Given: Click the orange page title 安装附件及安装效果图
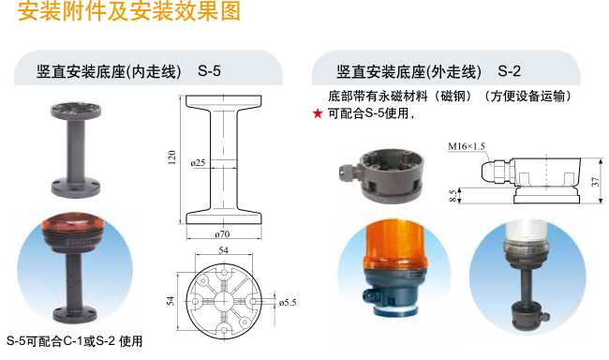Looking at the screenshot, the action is (x=129, y=11).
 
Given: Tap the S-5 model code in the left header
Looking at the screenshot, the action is (x=209, y=71).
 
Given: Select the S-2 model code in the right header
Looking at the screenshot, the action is (x=509, y=71).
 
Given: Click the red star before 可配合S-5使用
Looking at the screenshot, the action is (x=318, y=113).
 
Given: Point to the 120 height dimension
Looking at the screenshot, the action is (x=171, y=157).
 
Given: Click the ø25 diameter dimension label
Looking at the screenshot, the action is (x=198, y=162).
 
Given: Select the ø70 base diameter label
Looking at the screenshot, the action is (x=222, y=234).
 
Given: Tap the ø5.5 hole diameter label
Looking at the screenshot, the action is (x=288, y=303).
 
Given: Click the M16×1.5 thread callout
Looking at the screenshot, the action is (x=466, y=146).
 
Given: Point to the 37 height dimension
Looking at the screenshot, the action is (x=595, y=182).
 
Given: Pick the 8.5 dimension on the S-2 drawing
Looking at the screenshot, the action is (x=453, y=196).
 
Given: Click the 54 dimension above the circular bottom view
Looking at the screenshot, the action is (x=223, y=250).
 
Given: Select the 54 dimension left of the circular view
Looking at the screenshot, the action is (x=171, y=301).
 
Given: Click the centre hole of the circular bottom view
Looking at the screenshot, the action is (x=223, y=301).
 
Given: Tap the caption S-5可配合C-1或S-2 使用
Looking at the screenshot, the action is (x=75, y=341).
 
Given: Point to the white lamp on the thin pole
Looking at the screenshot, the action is (x=527, y=237).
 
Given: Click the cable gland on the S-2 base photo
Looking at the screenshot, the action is (x=348, y=170).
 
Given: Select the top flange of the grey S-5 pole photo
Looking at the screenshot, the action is (x=76, y=111).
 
